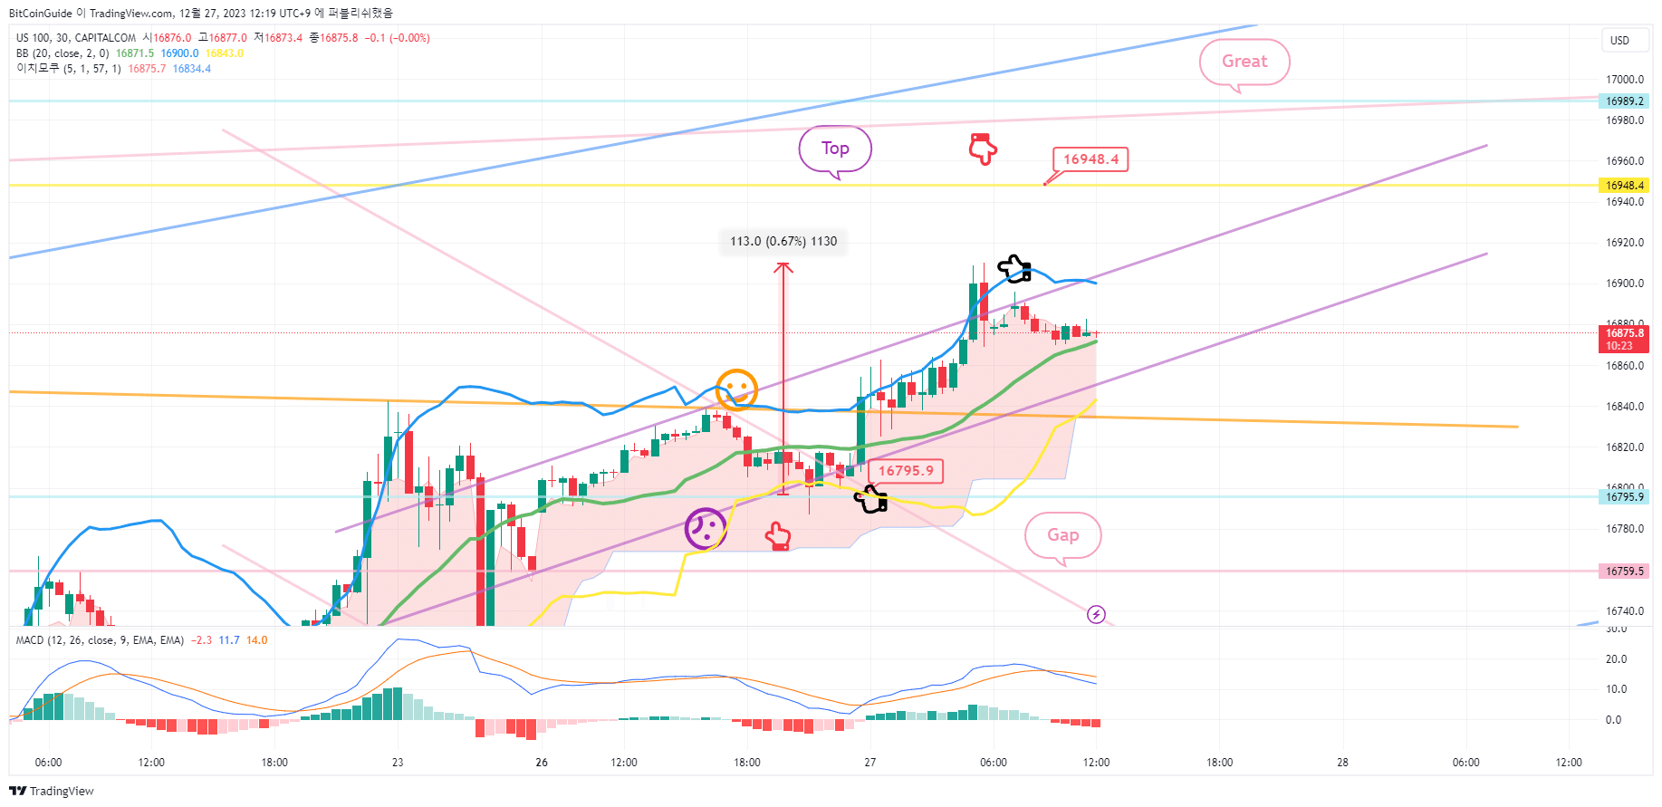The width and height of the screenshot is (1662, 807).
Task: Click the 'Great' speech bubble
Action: [x=1244, y=62]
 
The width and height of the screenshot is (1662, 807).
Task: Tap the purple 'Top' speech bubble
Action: [x=835, y=149]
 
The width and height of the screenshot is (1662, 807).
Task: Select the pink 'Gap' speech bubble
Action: [x=1062, y=535]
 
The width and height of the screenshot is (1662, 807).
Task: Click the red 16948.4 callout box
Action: [x=1090, y=159]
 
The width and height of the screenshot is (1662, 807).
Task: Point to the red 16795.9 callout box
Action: [x=906, y=471]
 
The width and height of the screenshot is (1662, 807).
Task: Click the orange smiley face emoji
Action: [x=736, y=389]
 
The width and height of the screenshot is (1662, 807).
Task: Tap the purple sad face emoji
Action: [x=706, y=528]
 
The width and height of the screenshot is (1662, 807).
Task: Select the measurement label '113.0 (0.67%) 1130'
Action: [x=783, y=242]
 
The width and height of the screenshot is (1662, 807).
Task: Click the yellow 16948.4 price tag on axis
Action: [x=1624, y=186]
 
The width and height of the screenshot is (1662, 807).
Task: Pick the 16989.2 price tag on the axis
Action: [x=1624, y=101]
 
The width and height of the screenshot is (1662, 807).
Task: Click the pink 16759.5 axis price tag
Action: [x=1624, y=572]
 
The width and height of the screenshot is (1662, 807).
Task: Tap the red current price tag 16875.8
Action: [x=1624, y=339]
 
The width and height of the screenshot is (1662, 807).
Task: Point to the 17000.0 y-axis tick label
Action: [x=1624, y=80]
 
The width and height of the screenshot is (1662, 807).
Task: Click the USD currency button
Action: [x=1619, y=41]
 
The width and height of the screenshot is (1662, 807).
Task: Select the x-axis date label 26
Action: [x=542, y=763]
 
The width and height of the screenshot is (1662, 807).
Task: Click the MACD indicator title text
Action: [x=100, y=640]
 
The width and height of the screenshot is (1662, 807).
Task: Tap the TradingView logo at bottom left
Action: [x=52, y=791]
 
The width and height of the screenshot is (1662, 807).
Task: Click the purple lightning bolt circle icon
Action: [x=1096, y=615]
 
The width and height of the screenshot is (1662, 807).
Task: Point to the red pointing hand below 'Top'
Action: [x=983, y=149]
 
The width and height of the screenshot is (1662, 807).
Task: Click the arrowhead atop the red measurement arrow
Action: [x=783, y=266]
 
